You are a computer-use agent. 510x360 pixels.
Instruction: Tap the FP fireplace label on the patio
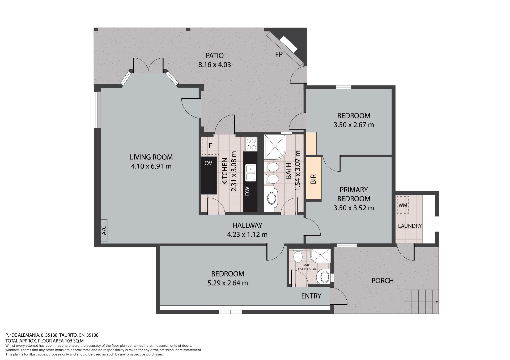[x=279, y=54]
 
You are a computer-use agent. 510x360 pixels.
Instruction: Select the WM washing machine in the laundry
[x=403, y=205]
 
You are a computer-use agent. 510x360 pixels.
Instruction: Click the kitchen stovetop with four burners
[x=250, y=144]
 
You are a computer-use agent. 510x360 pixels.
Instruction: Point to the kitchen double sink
[x=251, y=173]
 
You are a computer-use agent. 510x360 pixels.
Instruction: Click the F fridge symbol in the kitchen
[x=210, y=146]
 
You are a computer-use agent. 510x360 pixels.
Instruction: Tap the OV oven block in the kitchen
[x=209, y=175]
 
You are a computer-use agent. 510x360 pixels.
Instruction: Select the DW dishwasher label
[x=247, y=191]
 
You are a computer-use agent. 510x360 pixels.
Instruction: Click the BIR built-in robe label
[x=313, y=179]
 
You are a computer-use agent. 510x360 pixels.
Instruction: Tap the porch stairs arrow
[x=421, y=302]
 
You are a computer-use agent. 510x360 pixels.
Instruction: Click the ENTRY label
[x=311, y=296]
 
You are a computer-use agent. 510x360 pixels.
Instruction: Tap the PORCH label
[x=382, y=280]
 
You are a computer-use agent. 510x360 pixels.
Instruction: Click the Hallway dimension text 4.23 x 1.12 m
[x=247, y=235]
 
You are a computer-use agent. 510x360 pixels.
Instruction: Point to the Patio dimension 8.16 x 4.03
[x=214, y=64]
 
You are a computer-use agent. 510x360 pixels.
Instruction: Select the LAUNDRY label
[x=410, y=226]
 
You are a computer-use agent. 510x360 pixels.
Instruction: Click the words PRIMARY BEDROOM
[x=354, y=194]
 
